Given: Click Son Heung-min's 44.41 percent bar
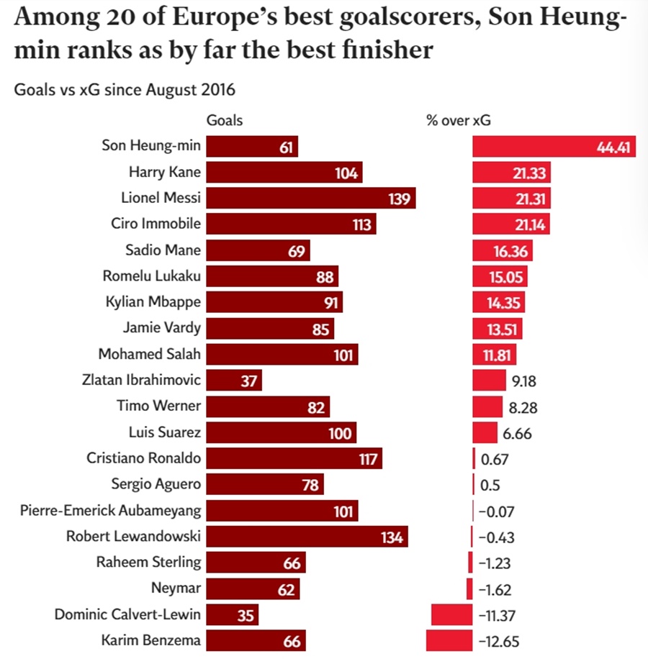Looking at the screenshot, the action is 554,146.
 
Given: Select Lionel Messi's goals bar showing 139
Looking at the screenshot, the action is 311,198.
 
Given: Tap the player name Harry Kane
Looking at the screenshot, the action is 164,172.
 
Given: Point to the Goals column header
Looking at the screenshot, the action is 225,121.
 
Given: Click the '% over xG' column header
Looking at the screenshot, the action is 459,121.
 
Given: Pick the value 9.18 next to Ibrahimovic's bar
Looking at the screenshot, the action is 524,381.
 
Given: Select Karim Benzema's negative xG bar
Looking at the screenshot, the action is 449,640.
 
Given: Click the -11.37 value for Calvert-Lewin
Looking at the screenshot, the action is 497,616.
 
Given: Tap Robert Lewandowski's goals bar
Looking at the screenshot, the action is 307,536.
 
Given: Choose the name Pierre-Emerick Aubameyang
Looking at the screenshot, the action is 111,510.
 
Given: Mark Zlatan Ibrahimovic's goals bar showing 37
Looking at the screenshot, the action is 234,380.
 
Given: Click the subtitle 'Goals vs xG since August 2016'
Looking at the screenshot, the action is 125,89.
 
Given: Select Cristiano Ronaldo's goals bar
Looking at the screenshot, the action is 294,458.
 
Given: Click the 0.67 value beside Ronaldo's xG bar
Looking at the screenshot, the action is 495,460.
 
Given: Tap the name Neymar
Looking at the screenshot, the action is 176,588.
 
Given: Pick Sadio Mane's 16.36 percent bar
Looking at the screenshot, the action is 503,250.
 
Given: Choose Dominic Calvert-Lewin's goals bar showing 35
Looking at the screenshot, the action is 232,615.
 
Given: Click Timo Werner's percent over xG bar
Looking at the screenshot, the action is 487,406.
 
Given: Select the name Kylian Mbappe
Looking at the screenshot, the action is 153,302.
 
